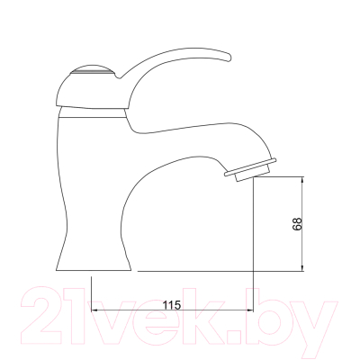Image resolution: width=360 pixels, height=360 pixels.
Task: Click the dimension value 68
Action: click(x=297, y=224)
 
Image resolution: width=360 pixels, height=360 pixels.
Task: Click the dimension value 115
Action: click(x=172, y=305)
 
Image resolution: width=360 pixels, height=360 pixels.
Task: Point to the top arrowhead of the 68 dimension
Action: click(x=302, y=181)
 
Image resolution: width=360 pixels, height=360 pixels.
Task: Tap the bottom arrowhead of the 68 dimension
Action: click(x=302, y=267)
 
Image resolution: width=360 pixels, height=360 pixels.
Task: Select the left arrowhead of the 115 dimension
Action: click(x=95, y=310)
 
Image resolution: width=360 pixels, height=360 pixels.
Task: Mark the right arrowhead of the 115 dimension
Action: click(x=249, y=310)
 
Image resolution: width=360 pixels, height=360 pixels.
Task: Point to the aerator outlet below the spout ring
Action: click(x=253, y=175)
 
